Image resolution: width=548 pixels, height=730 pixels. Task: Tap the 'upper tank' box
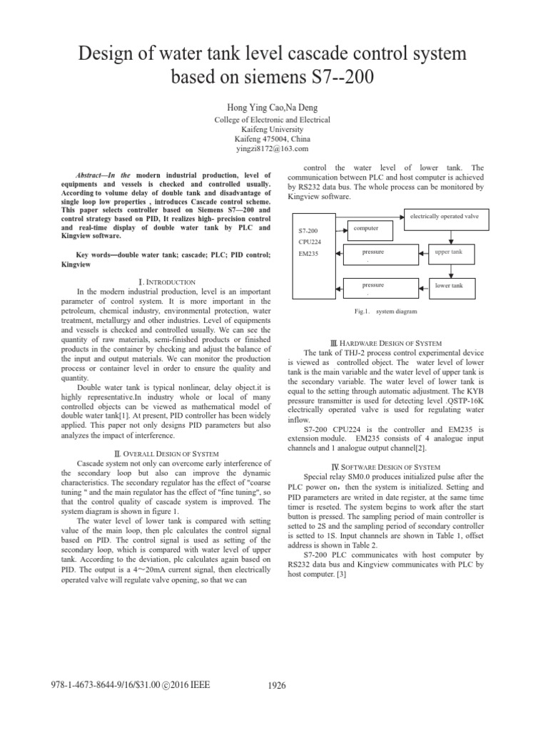click(449, 253)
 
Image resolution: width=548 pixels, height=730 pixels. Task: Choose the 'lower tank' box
click(449, 286)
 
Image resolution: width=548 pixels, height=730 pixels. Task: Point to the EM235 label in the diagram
click(308, 253)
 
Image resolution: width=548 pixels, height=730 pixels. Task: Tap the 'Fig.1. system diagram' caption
click(386, 312)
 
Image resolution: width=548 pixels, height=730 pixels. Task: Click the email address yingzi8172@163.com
click(273, 149)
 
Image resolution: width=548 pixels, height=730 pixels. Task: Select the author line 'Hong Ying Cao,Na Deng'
click(273, 106)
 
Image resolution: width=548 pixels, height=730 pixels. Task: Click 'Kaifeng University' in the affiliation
click(273, 130)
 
